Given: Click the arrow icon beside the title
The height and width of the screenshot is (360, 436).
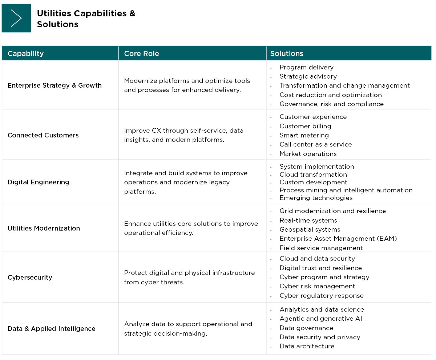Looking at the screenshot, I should (16, 18).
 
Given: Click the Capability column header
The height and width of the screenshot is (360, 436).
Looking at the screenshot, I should (25, 53).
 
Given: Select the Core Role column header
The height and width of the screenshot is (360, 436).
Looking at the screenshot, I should (141, 53).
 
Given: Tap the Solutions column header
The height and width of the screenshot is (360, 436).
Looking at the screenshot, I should (286, 53).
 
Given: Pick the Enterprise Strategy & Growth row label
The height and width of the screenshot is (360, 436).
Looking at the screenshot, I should (54, 85).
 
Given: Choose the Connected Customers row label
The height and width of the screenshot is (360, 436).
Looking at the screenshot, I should (43, 135).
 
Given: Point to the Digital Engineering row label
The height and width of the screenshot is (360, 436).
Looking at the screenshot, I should (38, 182).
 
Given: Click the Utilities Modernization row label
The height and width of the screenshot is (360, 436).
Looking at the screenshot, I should (44, 228).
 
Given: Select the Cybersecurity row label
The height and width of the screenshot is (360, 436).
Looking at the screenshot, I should (30, 277).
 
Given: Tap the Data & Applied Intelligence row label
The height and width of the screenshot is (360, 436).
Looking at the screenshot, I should (51, 329).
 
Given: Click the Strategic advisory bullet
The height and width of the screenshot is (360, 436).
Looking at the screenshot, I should (308, 76).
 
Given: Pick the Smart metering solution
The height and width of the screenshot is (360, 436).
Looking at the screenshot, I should (304, 135).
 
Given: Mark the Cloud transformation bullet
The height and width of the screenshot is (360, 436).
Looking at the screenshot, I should (313, 175).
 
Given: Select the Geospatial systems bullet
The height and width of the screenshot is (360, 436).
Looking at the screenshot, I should (310, 229).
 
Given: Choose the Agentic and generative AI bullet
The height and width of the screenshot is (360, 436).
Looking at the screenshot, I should (320, 319).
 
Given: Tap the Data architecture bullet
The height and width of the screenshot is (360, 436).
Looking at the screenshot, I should (307, 346).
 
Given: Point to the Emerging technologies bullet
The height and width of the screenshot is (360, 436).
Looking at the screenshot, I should (316, 198).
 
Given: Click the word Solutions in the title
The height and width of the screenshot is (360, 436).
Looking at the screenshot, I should (57, 24).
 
